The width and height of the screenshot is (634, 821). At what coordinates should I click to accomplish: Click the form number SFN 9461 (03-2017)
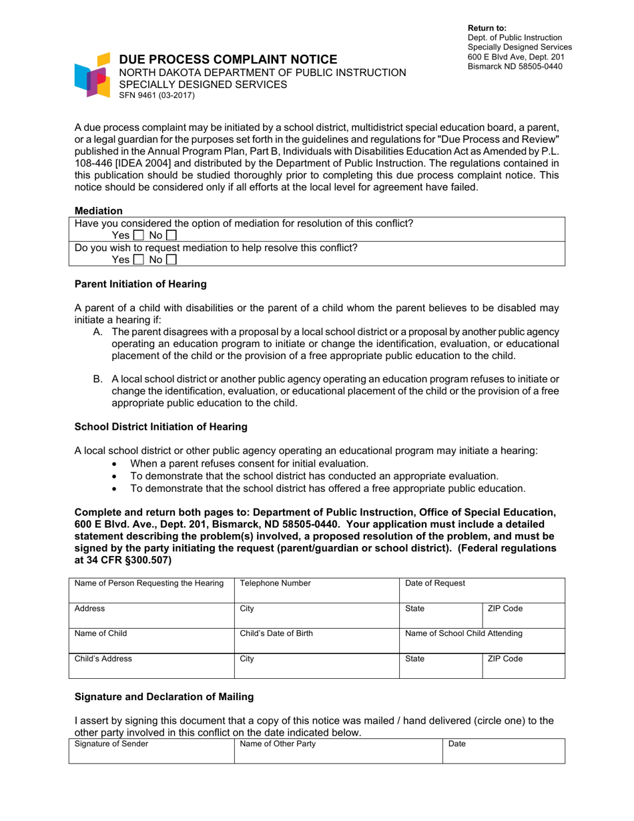coord(156,95)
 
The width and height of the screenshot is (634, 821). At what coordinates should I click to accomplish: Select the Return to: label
coord(487,28)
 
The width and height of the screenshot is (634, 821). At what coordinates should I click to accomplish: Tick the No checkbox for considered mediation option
coord(171,236)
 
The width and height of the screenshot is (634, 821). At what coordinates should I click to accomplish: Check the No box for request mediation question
coord(171,260)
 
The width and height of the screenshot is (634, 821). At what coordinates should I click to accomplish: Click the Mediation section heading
coord(99,210)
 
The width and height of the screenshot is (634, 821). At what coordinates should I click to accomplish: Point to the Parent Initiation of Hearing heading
coord(140,284)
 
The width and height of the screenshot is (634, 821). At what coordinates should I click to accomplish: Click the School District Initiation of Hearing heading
coord(160,426)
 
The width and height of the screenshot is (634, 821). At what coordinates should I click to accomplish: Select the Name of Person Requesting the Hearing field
coord(151,590)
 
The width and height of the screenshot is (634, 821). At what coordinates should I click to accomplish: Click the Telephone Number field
coord(316,590)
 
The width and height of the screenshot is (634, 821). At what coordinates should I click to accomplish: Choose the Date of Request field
coord(482,590)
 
